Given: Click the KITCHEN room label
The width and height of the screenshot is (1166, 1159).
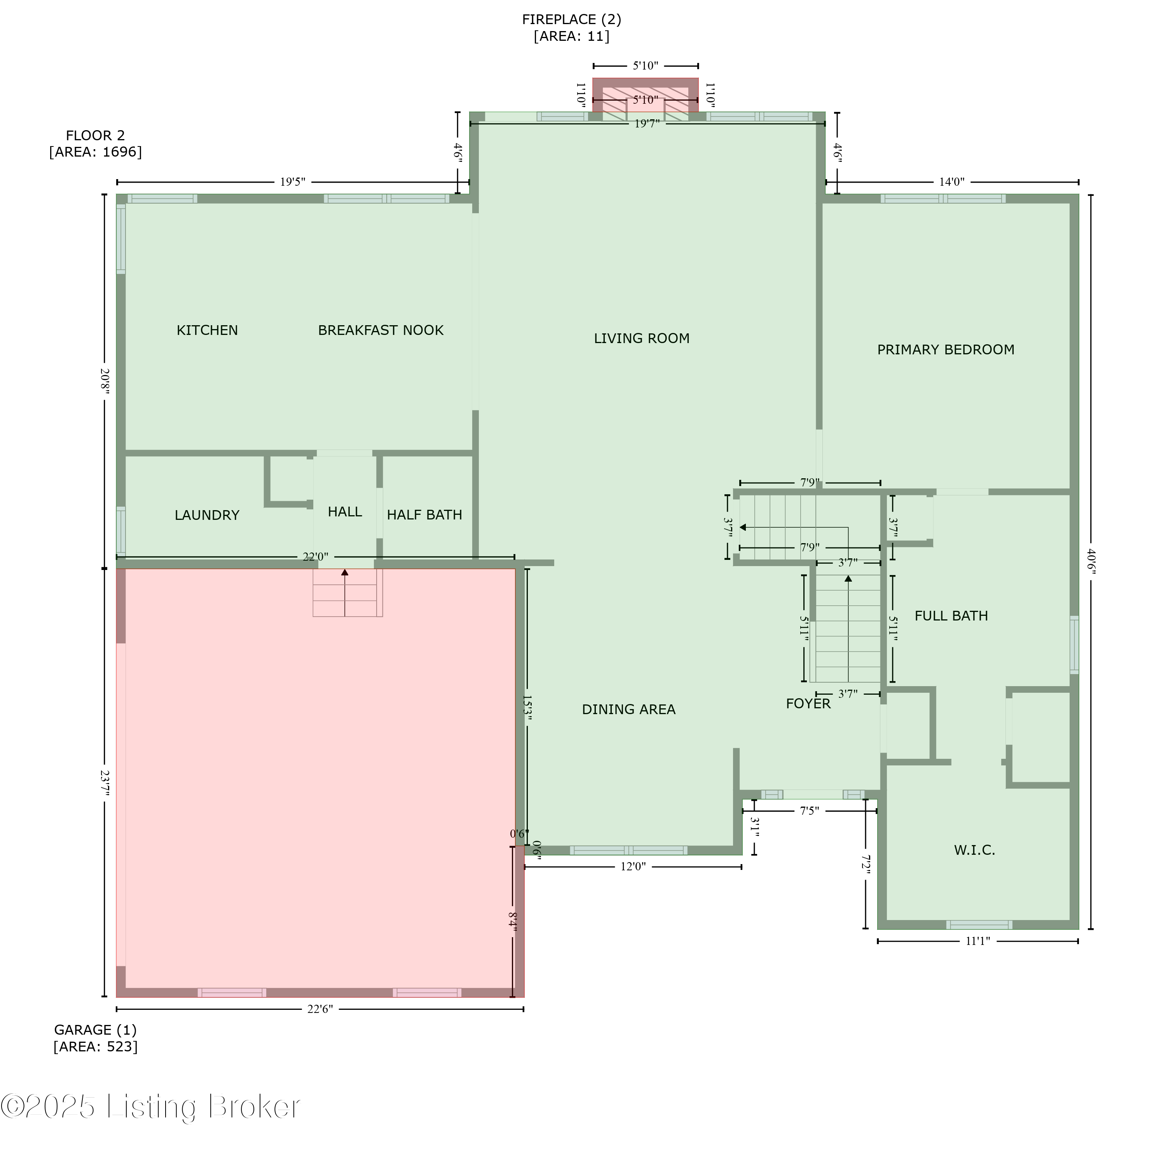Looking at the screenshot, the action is point(207,330).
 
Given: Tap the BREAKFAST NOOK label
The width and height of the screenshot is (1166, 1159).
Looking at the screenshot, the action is point(381,330).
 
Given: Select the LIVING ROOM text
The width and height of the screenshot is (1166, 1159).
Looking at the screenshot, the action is point(642,338).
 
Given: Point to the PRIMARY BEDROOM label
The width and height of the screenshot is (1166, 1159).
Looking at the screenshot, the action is point(946,349).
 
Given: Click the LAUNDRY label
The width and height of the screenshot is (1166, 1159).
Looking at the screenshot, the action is point(207,515).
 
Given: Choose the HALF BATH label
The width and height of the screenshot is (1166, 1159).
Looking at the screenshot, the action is point(424,515).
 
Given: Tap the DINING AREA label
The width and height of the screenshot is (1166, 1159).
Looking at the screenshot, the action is point(629,709).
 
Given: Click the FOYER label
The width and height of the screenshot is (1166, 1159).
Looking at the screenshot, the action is point(808,704).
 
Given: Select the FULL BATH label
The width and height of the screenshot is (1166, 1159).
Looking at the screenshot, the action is point(951,616).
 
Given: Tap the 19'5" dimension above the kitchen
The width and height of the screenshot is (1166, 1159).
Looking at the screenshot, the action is point(293,181).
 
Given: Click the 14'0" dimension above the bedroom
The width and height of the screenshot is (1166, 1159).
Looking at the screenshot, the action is point(952,181).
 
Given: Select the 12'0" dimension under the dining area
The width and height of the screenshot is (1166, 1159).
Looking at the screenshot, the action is point(633,866).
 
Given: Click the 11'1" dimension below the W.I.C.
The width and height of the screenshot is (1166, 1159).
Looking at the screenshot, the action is point(978,941).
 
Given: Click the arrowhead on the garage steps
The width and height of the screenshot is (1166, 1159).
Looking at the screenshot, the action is point(345,572).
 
